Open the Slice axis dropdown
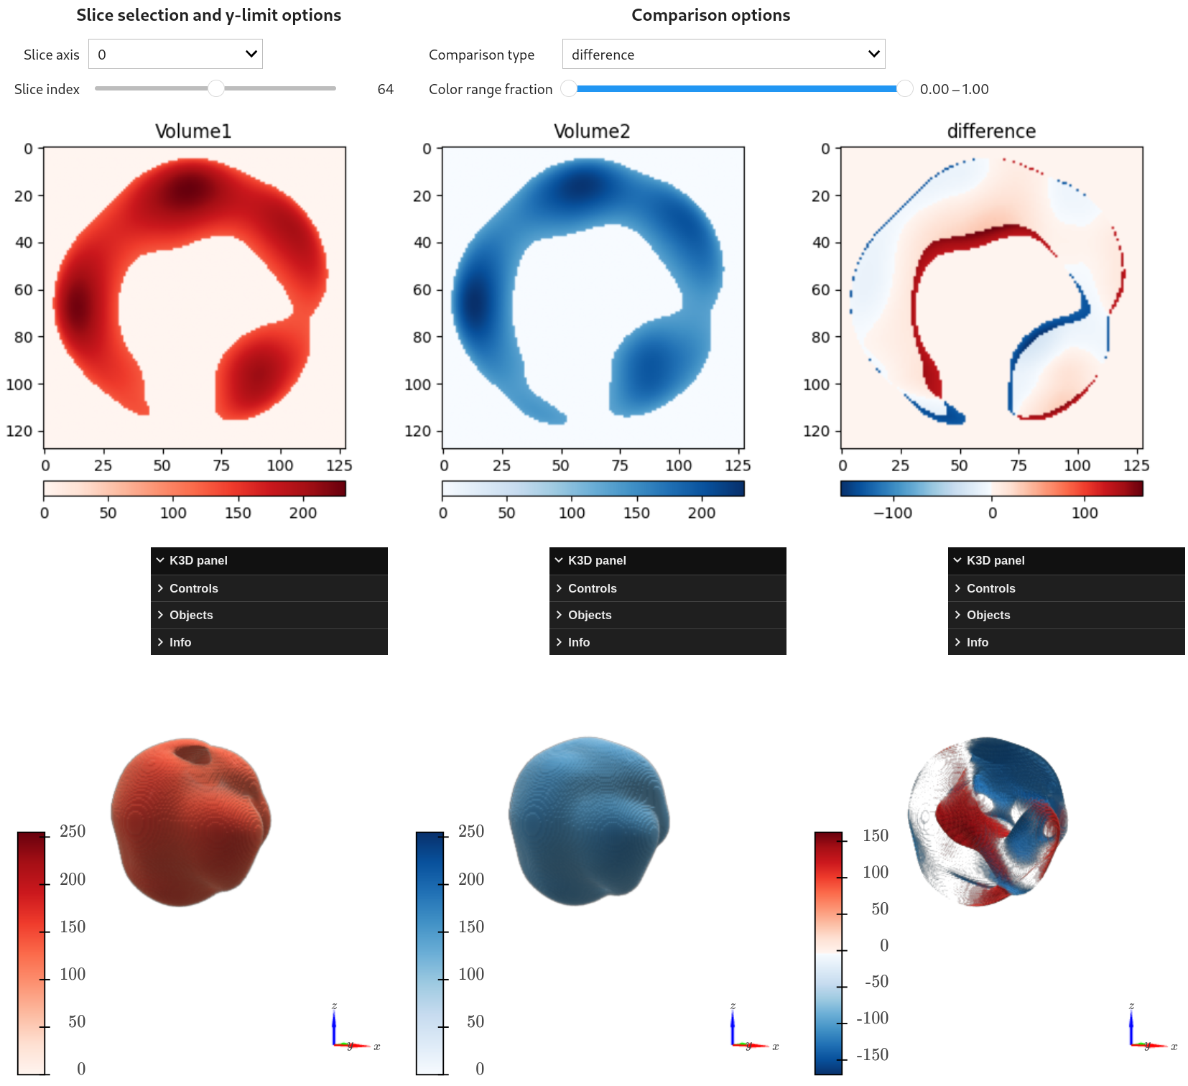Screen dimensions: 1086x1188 point(175,55)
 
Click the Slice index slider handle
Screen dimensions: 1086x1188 point(215,88)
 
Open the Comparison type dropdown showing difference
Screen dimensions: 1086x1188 point(723,55)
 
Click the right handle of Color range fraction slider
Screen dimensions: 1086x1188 point(904,88)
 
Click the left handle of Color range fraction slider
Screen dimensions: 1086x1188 point(569,88)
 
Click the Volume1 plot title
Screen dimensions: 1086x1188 point(193,131)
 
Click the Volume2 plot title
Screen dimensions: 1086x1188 point(592,131)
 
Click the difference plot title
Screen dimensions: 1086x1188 point(991,131)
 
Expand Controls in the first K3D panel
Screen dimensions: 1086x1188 point(193,588)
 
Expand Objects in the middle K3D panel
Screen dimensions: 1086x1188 point(589,615)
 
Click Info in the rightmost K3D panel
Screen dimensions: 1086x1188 point(977,642)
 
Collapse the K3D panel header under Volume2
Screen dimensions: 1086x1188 point(596,560)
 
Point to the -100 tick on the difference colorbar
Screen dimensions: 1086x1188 point(893,513)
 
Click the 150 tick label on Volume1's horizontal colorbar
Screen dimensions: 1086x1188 point(238,513)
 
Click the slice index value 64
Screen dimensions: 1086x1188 point(385,89)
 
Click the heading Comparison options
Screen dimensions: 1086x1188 point(710,15)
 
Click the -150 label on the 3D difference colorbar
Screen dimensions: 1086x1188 point(872,1054)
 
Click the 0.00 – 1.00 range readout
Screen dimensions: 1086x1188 point(954,89)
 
